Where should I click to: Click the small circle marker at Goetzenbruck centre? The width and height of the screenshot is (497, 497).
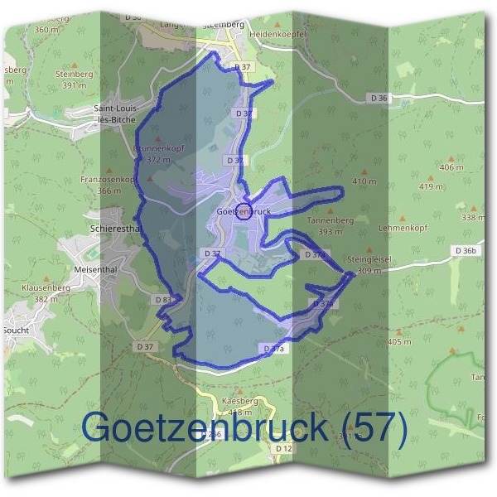tap(242, 210)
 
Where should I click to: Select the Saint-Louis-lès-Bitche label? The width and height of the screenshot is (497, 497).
tap(125, 113)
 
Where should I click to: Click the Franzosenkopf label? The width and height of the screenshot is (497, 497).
tap(107, 179)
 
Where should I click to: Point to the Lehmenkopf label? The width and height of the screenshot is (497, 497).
tap(424, 224)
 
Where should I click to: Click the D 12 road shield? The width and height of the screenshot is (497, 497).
tap(283, 448)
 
